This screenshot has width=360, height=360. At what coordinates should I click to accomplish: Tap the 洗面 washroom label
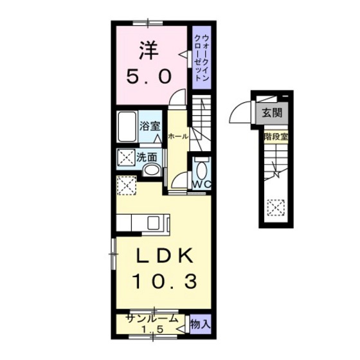(x=146, y=156)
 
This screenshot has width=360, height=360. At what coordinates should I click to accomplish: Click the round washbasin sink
(x=152, y=170)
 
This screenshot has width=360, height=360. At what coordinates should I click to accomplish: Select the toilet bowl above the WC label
(x=203, y=170)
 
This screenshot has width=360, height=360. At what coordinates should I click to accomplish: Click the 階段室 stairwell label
(x=276, y=136)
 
